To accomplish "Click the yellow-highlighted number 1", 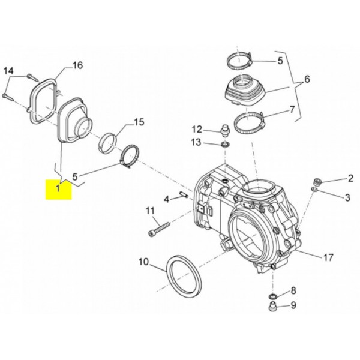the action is (58, 188).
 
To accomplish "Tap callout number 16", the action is (77, 65).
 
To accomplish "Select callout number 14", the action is (9, 71).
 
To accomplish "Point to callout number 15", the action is (139, 122).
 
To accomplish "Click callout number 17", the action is (328, 257).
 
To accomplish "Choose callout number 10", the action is (144, 262).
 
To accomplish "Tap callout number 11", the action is (150, 211).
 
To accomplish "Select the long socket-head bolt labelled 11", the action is (158, 228).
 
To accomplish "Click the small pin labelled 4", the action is (184, 194).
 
